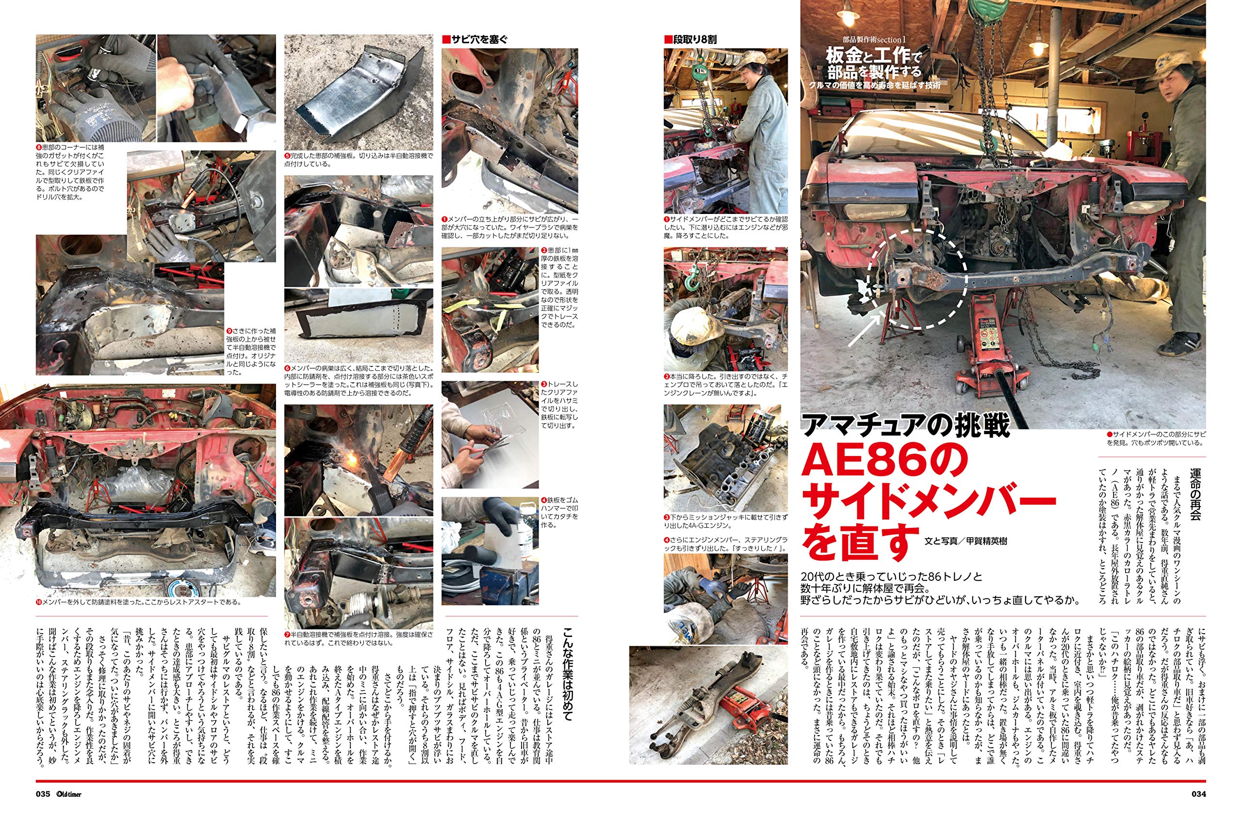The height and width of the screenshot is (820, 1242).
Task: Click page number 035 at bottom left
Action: click(x=43, y=794)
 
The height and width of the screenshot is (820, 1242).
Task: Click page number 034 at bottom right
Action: click(x=1198, y=794)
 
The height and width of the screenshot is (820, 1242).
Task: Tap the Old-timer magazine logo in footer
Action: click(x=69, y=794)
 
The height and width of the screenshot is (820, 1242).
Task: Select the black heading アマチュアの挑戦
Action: click(x=905, y=424)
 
